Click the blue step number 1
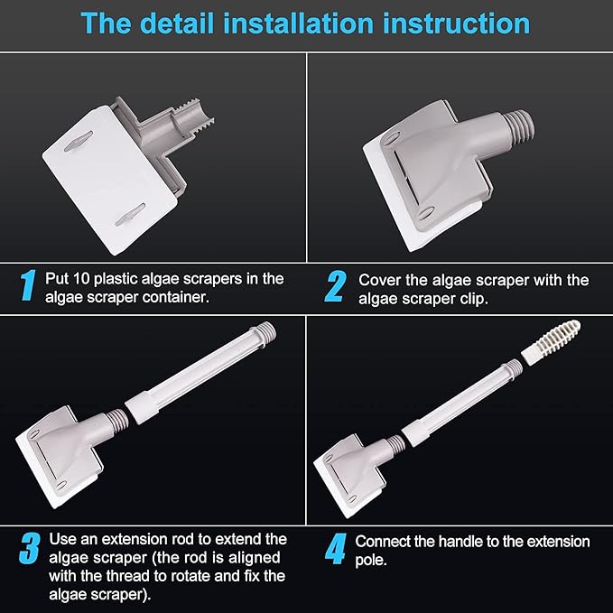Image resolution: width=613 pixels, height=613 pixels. pos(28,285)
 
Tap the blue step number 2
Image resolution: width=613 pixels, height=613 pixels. pos(336,286)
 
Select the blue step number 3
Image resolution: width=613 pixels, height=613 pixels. pos(30,548)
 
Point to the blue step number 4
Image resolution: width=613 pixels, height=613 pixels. pos(336,549)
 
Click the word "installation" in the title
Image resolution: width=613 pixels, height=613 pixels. pos(298,23)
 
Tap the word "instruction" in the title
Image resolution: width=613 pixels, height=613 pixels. pos(456,23)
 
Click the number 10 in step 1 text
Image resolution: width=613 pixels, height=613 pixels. pos(82,279)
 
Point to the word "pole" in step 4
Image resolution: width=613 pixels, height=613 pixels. pos(371,561)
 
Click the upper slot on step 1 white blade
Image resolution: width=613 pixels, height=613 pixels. pos(79,142)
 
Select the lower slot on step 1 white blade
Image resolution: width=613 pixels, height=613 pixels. pos(131,215)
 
